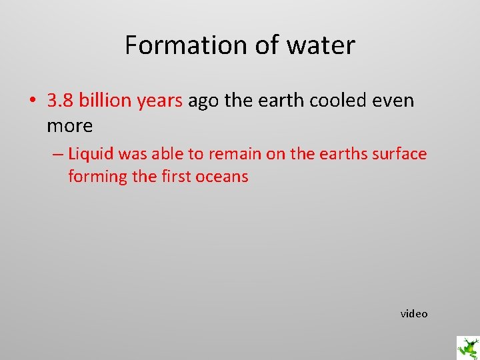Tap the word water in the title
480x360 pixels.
[x=321, y=45]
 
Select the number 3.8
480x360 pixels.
[x=61, y=101]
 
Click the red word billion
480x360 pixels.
[x=105, y=101]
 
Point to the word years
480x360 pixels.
[x=160, y=101]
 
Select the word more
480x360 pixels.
[x=69, y=125]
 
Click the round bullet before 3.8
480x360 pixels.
[x=32, y=101]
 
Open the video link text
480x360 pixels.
[x=414, y=313]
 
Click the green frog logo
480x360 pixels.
[x=467, y=347]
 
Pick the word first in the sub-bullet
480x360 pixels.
[x=173, y=177]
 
